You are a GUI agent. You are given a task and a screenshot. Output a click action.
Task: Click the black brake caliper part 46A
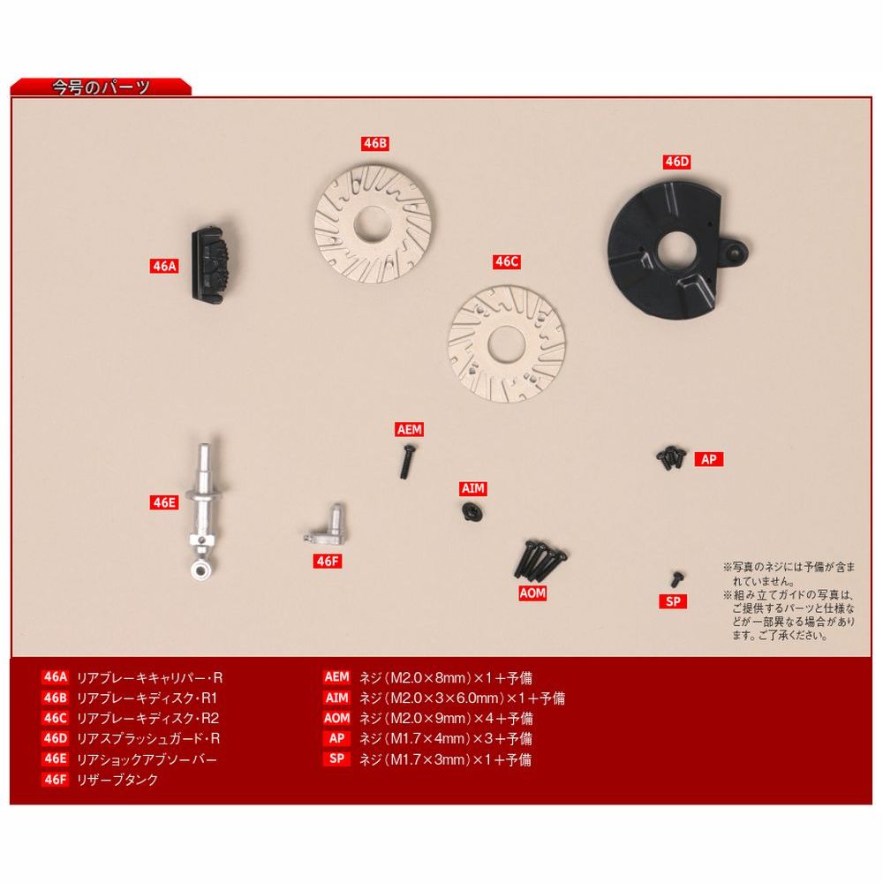pyautogui.click(x=212, y=263)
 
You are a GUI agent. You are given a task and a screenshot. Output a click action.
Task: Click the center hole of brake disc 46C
pyautogui.click(x=507, y=344)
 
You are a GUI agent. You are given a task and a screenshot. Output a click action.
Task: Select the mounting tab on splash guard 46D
pyautogui.click(x=735, y=248)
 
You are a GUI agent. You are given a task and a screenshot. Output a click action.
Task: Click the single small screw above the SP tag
pyautogui.click(x=676, y=579)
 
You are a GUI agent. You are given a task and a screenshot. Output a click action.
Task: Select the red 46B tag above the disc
pyautogui.click(x=375, y=144)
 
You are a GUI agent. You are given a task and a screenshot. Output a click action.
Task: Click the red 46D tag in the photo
pyautogui.click(x=677, y=162)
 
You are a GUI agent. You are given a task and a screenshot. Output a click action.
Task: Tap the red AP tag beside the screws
pyautogui.click(x=708, y=459)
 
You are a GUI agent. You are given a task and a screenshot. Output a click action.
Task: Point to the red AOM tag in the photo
pyautogui.click(x=532, y=593)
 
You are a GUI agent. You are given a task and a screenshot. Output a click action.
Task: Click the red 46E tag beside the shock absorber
pyautogui.click(x=164, y=502)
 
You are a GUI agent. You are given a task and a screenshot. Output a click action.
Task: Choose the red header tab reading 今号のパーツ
pyautogui.click(x=102, y=87)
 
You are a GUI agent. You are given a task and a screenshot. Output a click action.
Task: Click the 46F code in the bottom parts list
pyautogui.click(x=55, y=780)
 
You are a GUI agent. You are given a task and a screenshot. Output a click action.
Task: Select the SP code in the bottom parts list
pyautogui.click(x=336, y=758)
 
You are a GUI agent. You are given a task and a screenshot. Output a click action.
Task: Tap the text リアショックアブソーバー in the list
pyautogui.click(x=147, y=759)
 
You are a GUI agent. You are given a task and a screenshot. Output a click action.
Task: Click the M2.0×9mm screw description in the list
pyautogui.click(x=446, y=719)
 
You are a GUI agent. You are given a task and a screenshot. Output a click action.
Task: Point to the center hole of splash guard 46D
pyautogui.click(x=677, y=248)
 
